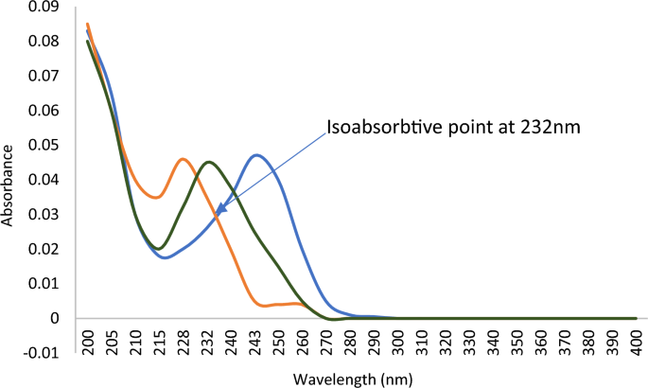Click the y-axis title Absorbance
coord(9,185)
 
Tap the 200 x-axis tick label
coord(88,339)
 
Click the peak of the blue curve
coord(256,155)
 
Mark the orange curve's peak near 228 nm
coord(183,159)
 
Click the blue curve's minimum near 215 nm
coord(165,257)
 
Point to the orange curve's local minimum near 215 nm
coord(157,197)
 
